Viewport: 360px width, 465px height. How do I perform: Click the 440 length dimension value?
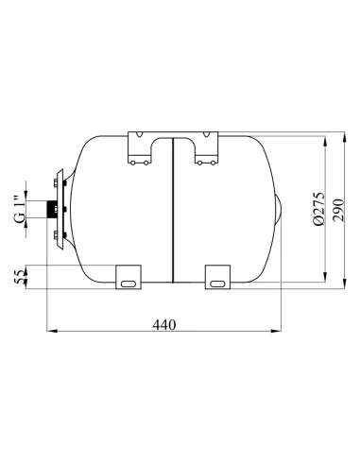[x=164, y=324]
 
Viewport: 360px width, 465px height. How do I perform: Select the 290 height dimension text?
[x=338, y=205]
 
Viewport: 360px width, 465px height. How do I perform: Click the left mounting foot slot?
[x=128, y=281]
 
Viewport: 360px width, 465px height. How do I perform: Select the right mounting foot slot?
[x=216, y=281]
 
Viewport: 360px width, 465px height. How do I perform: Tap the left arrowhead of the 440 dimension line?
[x=50, y=332]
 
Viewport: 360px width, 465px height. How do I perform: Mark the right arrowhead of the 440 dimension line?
[x=280, y=332]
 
